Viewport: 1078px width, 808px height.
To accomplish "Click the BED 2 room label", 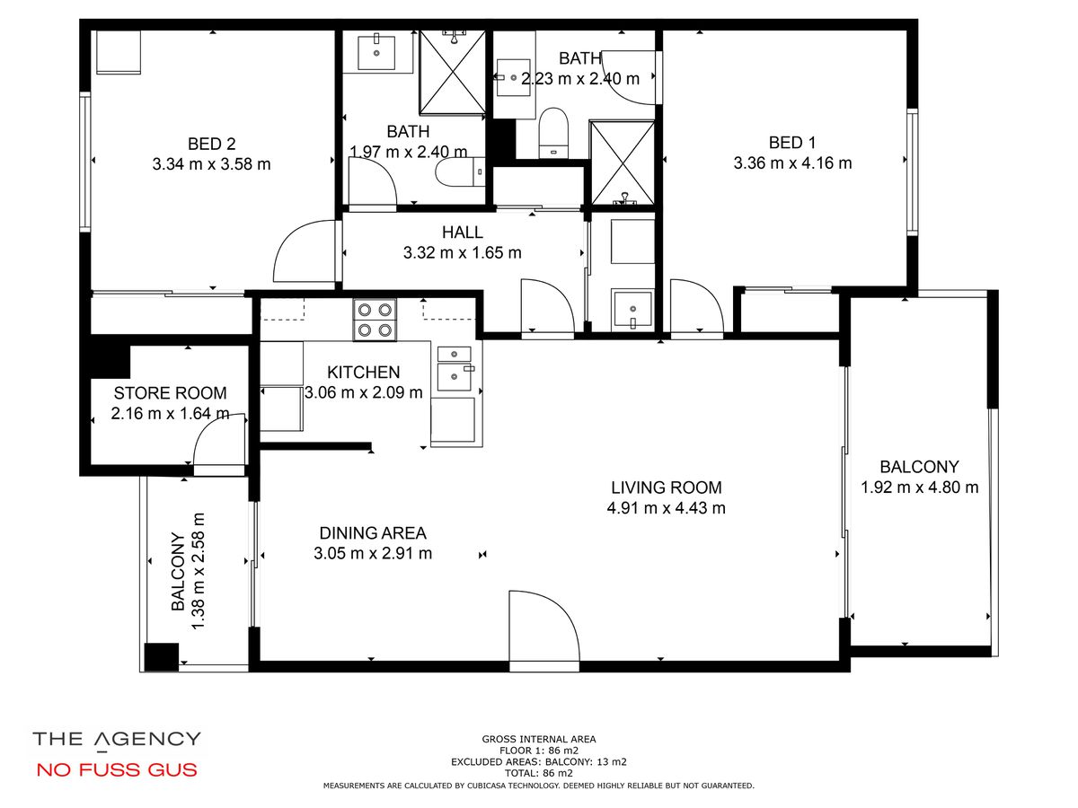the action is tap(212, 144).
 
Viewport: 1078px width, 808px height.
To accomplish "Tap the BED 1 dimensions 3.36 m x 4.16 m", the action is tap(792, 162).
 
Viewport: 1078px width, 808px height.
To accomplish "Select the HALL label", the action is tap(462, 232).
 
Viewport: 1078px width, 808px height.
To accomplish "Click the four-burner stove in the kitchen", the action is tap(375, 320).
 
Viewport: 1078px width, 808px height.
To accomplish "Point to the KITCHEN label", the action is tap(364, 373).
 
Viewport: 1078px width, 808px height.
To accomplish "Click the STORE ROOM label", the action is tap(170, 393).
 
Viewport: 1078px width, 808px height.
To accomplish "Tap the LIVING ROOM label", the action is tap(667, 487).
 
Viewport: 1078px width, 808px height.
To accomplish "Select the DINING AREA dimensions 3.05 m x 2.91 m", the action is tap(373, 553).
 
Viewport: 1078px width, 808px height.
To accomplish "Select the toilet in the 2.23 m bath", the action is tap(553, 133).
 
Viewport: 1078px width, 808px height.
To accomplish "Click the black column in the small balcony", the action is tap(162, 657).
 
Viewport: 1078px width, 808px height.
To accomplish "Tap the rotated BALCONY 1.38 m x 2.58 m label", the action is tap(188, 571).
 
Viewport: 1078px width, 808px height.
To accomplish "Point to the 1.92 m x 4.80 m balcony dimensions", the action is tap(919, 487).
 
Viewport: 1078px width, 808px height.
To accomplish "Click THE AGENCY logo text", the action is tap(117, 740).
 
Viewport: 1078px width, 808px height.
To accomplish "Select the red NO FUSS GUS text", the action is tap(117, 769).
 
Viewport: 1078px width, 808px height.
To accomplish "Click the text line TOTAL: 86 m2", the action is tap(539, 774).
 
